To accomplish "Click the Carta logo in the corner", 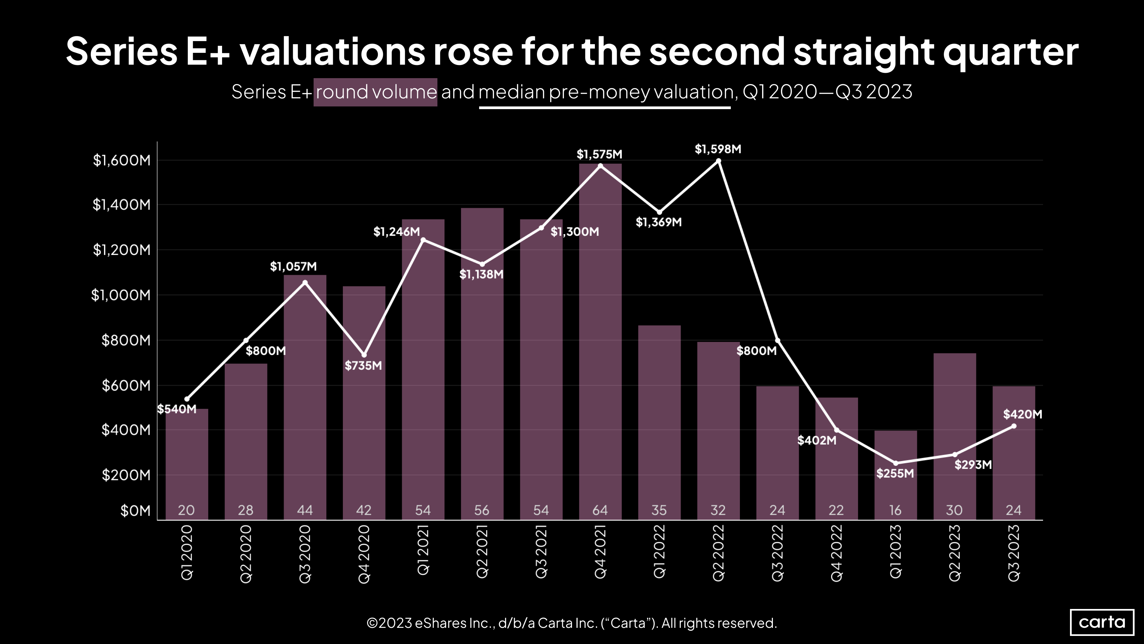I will [x=1102, y=622].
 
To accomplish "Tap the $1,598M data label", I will [x=718, y=149].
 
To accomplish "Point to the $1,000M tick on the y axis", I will [x=121, y=295].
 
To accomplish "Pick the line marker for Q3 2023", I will [x=1014, y=426].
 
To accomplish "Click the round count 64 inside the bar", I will [x=600, y=510].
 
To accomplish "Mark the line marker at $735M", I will [x=364, y=355].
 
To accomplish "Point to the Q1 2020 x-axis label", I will [x=186, y=552].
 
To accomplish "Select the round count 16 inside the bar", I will [x=895, y=510].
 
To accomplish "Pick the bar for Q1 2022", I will [x=659, y=422].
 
